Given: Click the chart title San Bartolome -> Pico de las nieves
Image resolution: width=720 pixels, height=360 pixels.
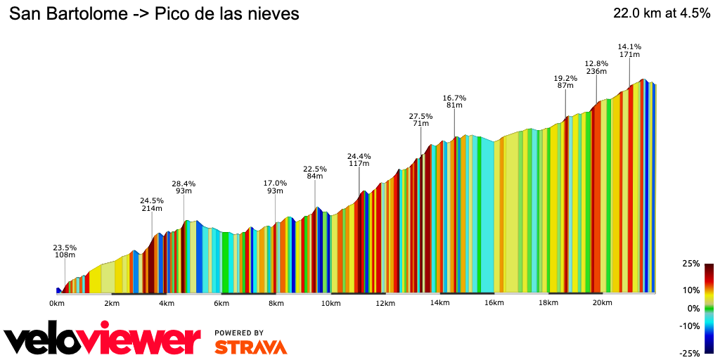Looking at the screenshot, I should point(154,13).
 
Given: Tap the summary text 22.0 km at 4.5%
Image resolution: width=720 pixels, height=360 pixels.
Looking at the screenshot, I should point(662,13).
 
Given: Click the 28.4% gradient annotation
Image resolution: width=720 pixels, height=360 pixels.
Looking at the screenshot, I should point(184,184).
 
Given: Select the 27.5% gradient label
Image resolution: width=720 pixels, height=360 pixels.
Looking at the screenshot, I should point(420,116).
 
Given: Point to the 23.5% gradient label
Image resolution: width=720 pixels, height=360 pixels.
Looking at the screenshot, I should point(65,247).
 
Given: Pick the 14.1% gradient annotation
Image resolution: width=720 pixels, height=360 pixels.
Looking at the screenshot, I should point(629,46).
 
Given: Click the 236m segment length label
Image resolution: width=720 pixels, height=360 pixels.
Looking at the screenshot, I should point(596,71).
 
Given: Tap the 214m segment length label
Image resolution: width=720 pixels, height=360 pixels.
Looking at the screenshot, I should point(152,209).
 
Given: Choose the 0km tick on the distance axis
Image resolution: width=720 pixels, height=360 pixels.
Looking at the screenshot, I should point(57,303).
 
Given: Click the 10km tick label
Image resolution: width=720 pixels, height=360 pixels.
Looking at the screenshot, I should point(330,303).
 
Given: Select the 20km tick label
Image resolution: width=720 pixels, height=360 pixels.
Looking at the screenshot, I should point(602,303).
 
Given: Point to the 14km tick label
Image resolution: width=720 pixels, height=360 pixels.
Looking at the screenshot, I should point(439,303).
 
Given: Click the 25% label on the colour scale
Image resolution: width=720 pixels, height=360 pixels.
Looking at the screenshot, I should point(691,264).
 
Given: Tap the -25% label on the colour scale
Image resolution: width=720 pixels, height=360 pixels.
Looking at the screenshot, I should point(690,353).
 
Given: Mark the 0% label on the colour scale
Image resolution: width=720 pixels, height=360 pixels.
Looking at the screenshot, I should point(693,308).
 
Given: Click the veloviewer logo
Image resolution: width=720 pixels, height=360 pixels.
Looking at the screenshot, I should point(102,340).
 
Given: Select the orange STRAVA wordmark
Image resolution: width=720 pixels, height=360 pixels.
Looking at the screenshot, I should point(250,347).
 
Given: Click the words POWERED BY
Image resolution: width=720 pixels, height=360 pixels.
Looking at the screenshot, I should point(239,333).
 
